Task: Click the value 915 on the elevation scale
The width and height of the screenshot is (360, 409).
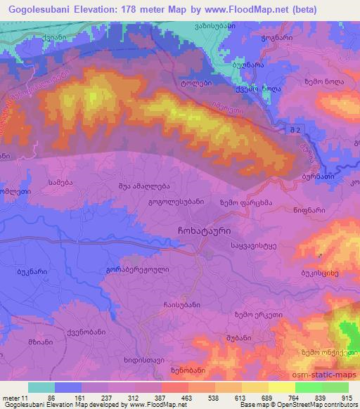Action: pyautogui.click(x=347, y=398)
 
